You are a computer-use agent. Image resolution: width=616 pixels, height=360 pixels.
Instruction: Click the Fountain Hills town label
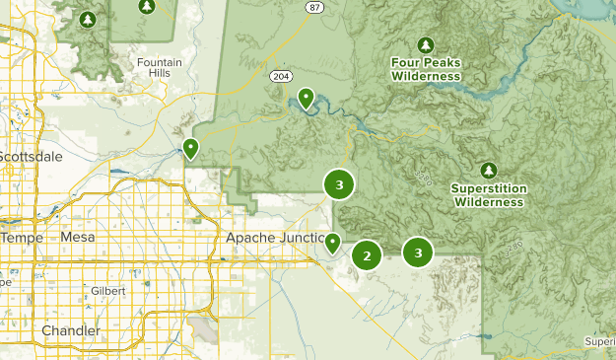[159, 69]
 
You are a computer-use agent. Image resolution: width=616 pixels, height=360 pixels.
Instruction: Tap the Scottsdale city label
[33, 157]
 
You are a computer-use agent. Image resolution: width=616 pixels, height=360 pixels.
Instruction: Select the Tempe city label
[22, 238]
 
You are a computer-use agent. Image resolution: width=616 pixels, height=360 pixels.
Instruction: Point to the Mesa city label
[79, 238]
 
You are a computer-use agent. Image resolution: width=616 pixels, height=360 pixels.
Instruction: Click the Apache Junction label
[274, 238]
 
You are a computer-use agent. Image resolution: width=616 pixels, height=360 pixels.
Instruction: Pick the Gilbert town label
[107, 292]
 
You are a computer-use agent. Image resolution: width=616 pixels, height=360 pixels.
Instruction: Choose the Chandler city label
[70, 330]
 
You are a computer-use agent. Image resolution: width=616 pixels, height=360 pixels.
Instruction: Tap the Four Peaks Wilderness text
[426, 69]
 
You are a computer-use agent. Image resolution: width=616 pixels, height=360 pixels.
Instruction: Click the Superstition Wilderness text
[488, 195]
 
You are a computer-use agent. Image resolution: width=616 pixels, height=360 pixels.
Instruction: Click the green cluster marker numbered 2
[367, 256]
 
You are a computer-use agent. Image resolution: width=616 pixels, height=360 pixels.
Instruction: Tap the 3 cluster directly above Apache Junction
[339, 184]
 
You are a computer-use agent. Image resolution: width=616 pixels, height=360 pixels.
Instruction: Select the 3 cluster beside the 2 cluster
[418, 252]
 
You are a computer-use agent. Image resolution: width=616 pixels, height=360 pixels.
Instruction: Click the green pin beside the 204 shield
[307, 98]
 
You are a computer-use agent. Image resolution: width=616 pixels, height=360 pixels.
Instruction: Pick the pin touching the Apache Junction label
[334, 242]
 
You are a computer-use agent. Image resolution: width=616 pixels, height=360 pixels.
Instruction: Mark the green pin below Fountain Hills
[190, 148]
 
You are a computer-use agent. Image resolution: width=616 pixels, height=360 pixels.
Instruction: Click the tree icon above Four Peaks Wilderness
[426, 45]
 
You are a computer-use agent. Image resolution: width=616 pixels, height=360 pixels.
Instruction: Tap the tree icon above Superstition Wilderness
[489, 171]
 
